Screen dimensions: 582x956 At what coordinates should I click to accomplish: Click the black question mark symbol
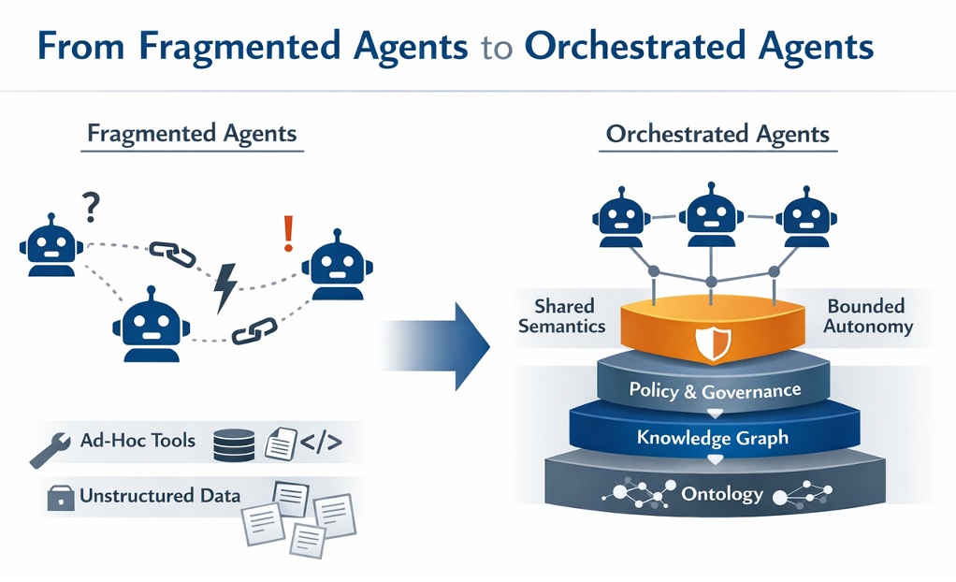[x=91, y=206]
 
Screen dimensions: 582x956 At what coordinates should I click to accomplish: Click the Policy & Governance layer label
[x=715, y=389]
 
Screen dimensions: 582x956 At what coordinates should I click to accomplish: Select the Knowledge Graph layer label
[x=712, y=437]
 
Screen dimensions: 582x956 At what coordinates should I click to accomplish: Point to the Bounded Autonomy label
[x=866, y=316]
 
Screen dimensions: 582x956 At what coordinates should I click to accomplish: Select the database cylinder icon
[x=232, y=444]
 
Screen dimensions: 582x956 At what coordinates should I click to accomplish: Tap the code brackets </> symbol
[x=321, y=443]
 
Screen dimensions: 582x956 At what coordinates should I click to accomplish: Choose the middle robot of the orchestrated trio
[x=712, y=217]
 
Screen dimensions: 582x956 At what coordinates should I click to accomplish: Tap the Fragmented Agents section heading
[x=191, y=133]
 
